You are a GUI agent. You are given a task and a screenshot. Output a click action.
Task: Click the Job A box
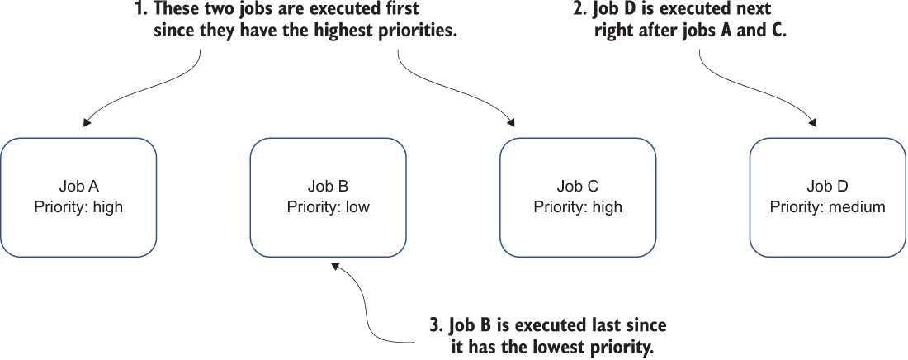point(78,197)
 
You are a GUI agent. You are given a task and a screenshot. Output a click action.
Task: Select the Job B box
point(329,197)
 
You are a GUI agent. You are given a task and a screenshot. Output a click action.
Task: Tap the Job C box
point(578,197)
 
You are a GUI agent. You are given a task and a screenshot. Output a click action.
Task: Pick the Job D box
point(827,197)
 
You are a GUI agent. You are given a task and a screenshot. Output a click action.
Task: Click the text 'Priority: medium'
point(827,207)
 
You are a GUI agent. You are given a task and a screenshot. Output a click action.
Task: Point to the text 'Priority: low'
point(329,207)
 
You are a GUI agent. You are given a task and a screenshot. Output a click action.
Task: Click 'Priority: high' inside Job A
point(78,207)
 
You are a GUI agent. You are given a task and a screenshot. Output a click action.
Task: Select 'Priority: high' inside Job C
point(578,207)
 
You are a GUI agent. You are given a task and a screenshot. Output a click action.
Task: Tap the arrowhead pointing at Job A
point(87,122)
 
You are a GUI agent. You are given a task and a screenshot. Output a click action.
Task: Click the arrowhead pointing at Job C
point(511,122)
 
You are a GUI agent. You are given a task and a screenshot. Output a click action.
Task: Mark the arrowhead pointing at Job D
point(813,122)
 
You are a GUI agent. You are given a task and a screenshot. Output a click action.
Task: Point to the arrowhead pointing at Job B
point(334,266)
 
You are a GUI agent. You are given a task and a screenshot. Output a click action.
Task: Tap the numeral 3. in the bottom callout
point(437,325)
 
